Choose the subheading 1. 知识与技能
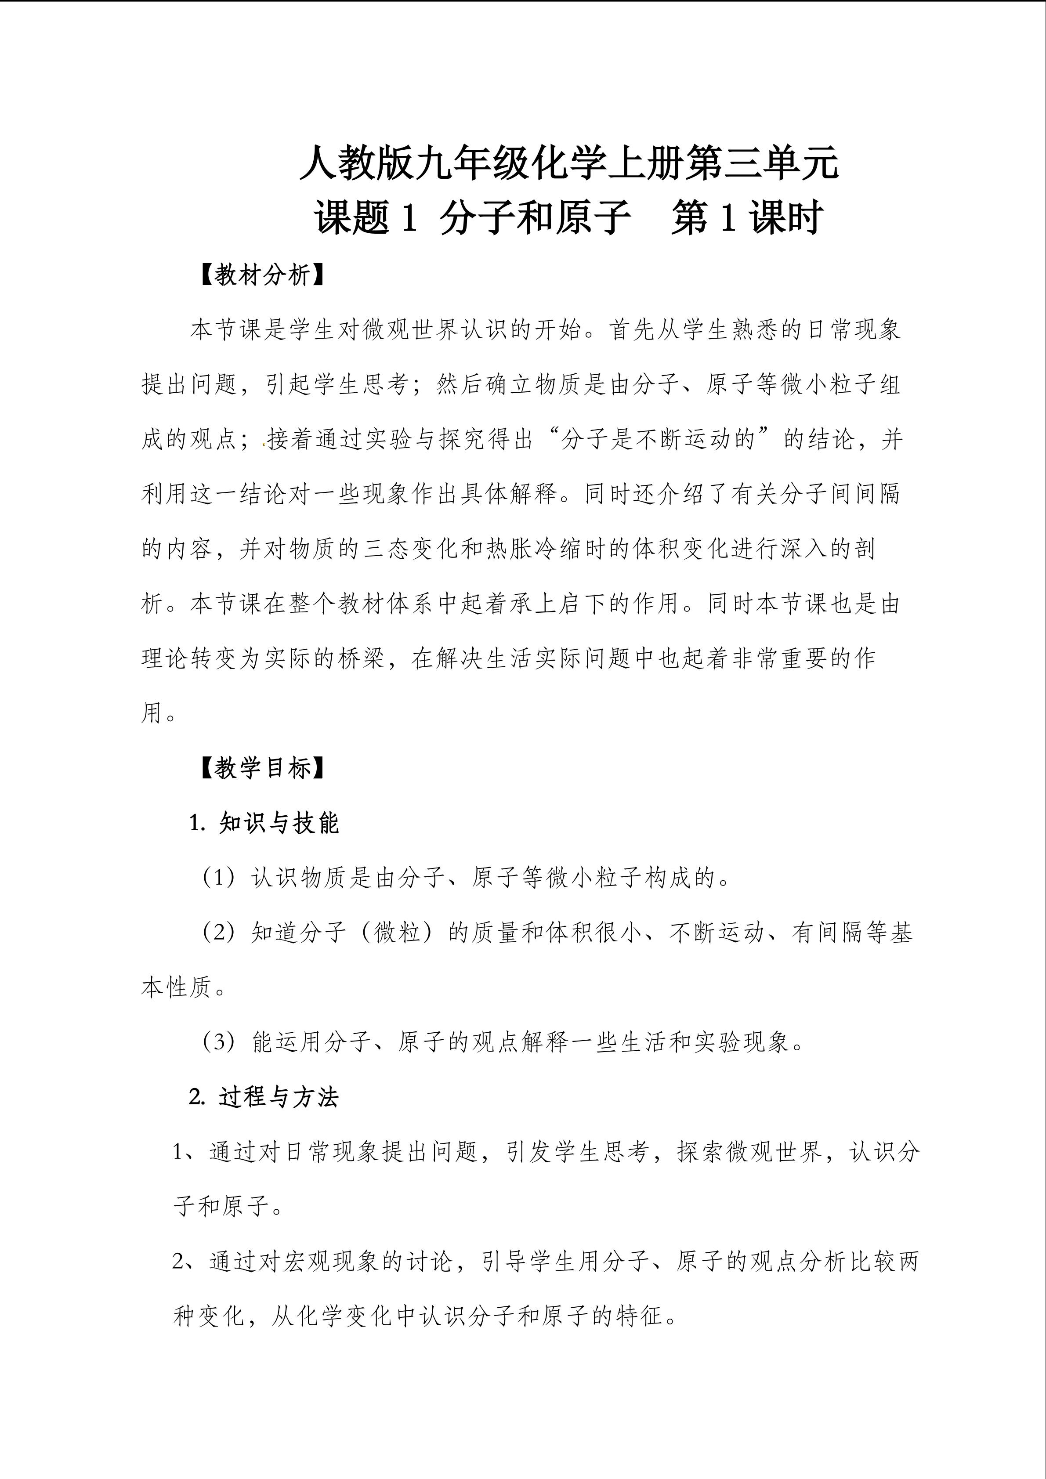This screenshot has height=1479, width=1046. (264, 823)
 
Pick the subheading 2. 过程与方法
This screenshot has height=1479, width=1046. (264, 1097)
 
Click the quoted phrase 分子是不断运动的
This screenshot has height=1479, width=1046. (658, 439)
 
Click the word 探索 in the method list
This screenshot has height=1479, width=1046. (702, 1152)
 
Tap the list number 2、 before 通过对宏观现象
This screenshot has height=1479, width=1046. (188, 1261)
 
